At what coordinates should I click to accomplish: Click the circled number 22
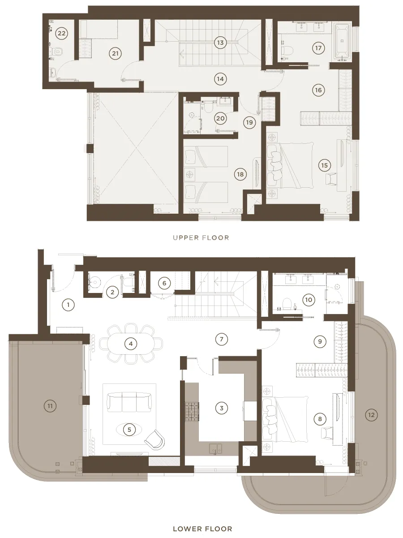pos(61,33)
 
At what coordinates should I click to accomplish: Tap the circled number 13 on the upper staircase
pos(220,43)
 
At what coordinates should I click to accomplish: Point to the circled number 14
pos(220,79)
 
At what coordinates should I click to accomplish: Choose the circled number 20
pos(220,118)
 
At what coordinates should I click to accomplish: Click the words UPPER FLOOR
pos(201,237)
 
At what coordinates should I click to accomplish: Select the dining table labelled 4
pos(131,344)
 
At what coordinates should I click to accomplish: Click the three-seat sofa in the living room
pos(129,403)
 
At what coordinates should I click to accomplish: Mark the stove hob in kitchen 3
pos(192,412)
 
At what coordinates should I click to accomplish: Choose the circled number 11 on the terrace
pos(50,406)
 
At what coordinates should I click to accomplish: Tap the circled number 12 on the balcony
pos(371,415)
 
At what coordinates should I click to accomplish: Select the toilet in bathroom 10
pos(287,303)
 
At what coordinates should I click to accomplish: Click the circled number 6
pos(164,283)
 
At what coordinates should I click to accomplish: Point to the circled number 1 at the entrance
pos(68,305)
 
